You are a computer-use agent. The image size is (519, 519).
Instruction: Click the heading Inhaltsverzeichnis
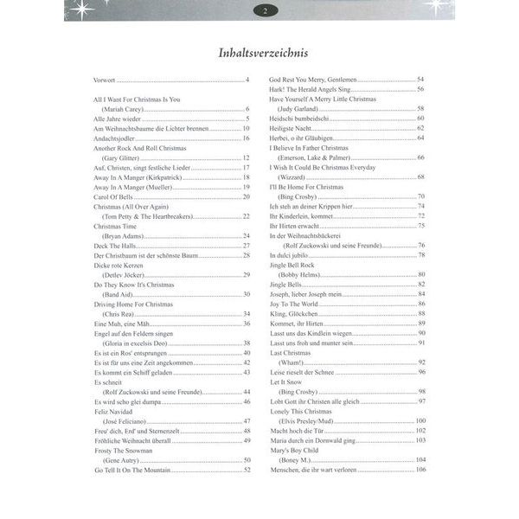coord(259,55)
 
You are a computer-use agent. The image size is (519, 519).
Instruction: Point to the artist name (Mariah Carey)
coord(126,109)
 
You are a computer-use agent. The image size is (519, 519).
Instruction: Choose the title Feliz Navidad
coord(118,412)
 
